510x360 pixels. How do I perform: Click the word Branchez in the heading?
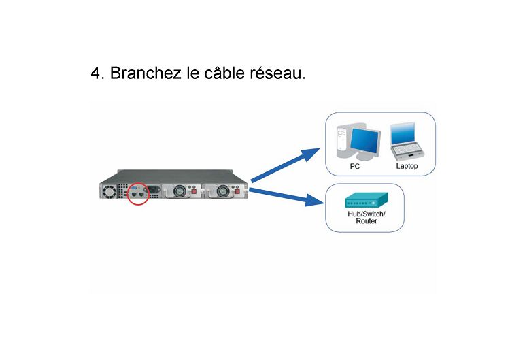(x=146, y=73)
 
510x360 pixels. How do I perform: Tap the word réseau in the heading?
(x=277, y=73)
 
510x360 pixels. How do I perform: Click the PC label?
(x=354, y=166)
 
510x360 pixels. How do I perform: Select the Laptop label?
(x=407, y=166)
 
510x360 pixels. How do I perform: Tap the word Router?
(x=367, y=221)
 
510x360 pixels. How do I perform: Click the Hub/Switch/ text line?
(x=367, y=214)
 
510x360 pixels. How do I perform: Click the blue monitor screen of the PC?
(x=364, y=140)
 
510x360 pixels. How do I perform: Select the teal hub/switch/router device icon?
(x=367, y=200)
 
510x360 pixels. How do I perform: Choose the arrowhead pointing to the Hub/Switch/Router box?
(x=315, y=200)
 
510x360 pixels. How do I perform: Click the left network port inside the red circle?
(x=135, y=194)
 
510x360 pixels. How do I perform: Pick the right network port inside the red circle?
(x=141, y=194)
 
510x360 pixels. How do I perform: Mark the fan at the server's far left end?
(x=109, y=192)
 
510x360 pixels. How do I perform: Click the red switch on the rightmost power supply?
(x=237, y=191)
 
